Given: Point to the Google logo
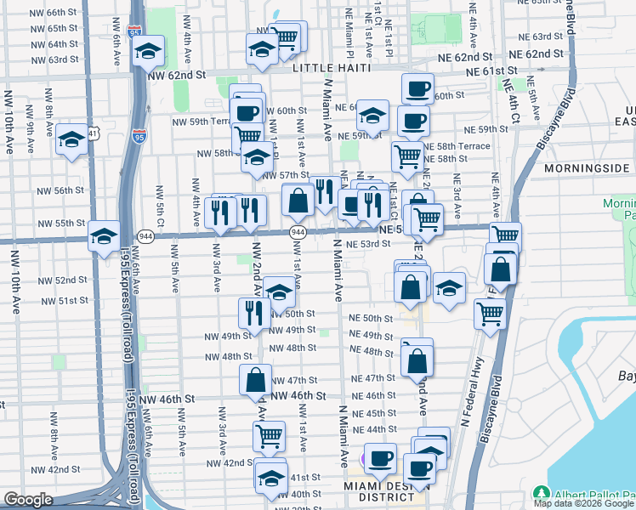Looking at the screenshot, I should click(28, 500).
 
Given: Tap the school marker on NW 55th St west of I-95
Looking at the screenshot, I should click(104, 235).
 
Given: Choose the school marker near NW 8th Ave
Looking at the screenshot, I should click(71, 137).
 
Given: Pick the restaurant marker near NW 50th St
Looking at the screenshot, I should click(254, 313).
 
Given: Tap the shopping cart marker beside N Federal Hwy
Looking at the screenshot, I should click(490, 312).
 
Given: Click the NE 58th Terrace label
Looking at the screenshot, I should click(457, 146).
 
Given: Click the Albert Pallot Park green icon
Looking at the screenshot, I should click(540, 494).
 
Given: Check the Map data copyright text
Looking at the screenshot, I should click(584, 503).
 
